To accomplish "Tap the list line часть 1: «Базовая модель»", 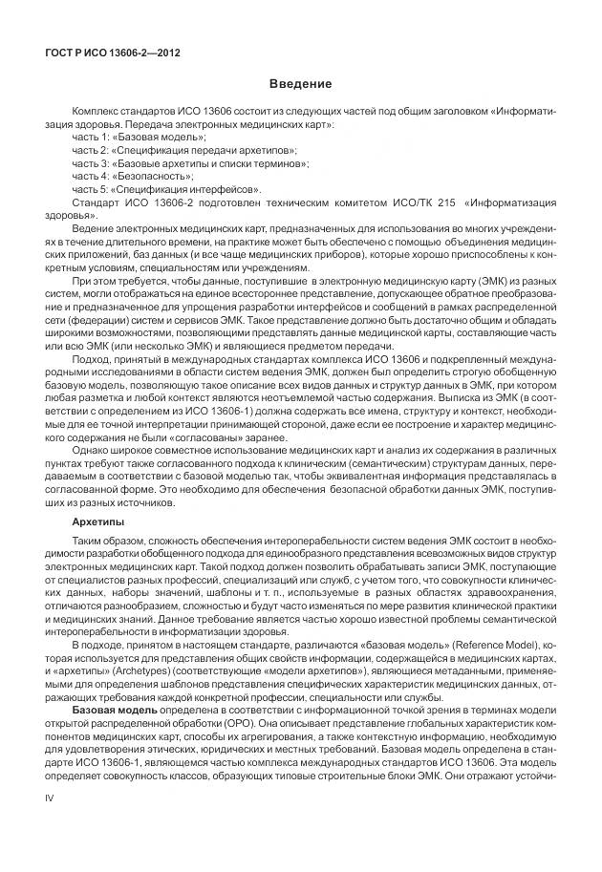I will (x=140, y=138).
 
